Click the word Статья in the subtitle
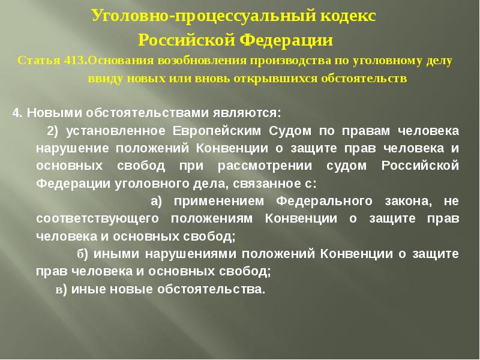[37, 61]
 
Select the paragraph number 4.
[17, 112]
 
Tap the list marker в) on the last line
[60, 289]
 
